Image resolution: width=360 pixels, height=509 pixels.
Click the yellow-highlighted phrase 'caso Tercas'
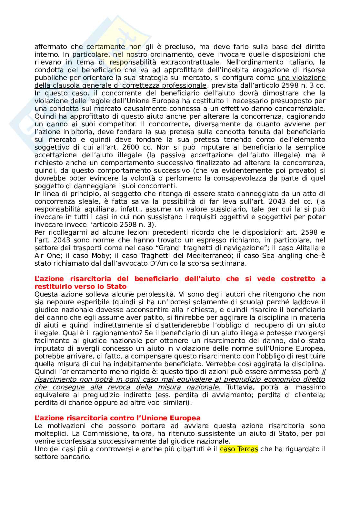pos(239,449)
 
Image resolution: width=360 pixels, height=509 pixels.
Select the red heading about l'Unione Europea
pos(117,418)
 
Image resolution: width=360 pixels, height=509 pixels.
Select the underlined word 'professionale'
pos(184,85)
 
